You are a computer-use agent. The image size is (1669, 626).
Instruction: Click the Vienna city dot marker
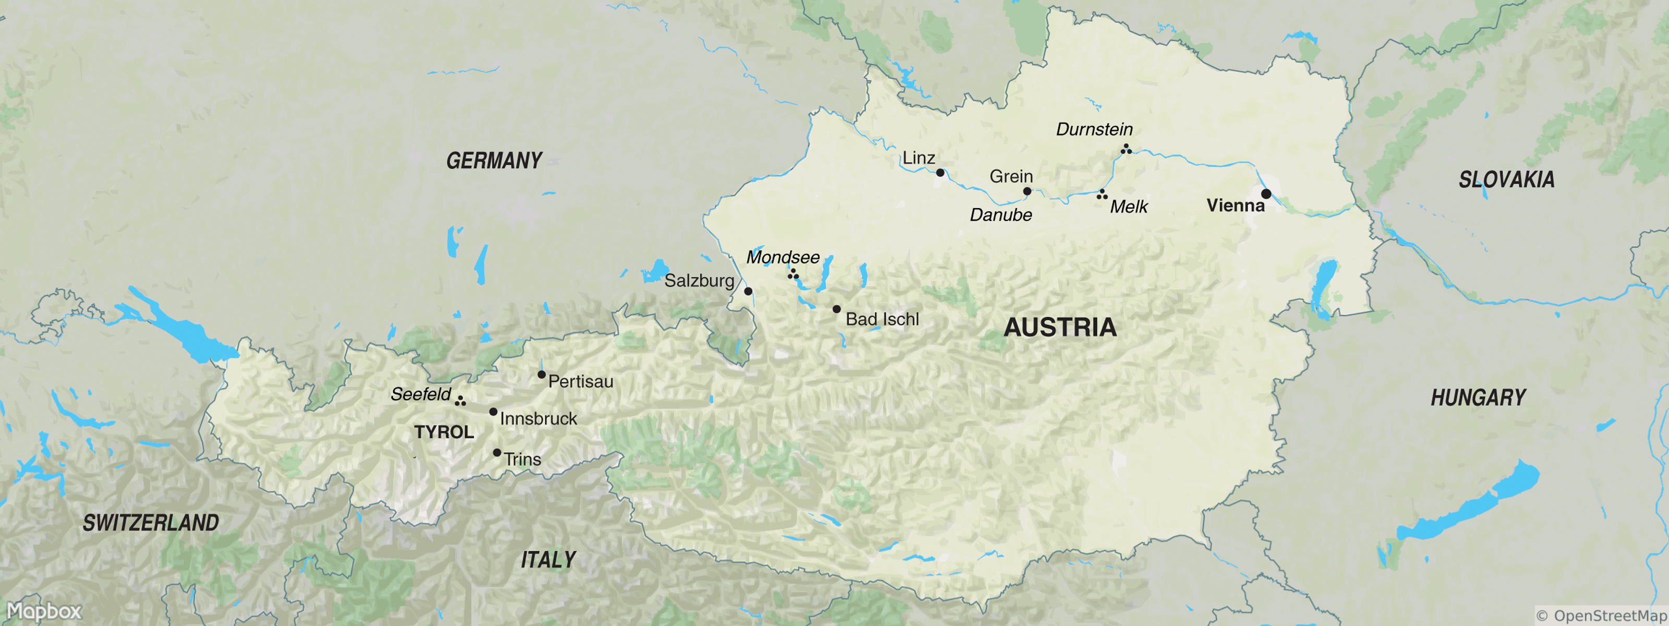click(x=1266, y=194)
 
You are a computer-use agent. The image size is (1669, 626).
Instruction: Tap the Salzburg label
click(x=699, y=281)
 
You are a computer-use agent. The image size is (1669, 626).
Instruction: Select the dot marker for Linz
click(x=940, y=172)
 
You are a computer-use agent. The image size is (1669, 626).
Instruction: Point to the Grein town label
click(x=1011, y=176)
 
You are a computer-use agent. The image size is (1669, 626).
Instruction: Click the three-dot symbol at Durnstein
click(x=1126, y=150)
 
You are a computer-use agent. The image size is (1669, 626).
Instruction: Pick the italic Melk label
click(x=1129, y=207)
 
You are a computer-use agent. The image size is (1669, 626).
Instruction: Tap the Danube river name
click(x=1000, y=215)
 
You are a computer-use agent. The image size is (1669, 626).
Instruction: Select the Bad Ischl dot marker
click(x=837, y=309)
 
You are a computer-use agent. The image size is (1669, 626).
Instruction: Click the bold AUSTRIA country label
click(x=1060, y=327)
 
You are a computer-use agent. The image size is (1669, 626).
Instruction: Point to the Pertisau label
click(x=580, y=382)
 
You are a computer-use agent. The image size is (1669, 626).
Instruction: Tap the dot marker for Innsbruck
click(x=493, y=412)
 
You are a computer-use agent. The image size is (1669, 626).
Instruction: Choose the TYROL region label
click(x=444, y=432)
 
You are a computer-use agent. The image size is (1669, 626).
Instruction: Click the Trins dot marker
click(x=497, y=452)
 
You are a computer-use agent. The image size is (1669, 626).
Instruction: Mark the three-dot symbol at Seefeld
click(x=460, y=402)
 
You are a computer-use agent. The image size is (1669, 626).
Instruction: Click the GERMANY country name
click(x=494, y=161)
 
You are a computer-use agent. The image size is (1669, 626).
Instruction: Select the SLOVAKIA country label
click(x=1506, y=179)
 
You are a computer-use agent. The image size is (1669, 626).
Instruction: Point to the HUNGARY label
click(x=1478, y=397)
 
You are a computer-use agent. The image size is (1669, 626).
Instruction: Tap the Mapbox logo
click(x=44, y=611)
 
